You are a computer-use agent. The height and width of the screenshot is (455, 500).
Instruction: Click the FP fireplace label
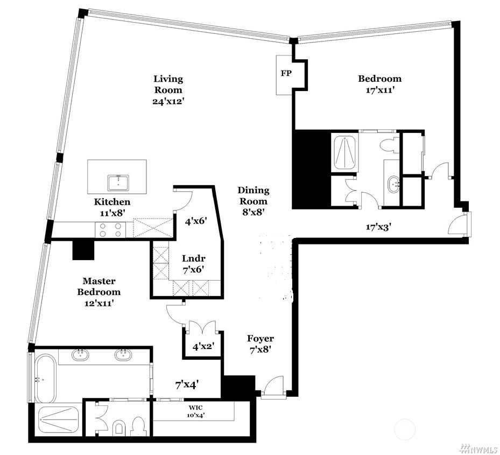coord(285,73)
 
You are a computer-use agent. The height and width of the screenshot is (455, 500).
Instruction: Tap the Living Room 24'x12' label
coord(168,90)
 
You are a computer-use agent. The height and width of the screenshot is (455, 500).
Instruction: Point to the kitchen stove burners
coord(110,230)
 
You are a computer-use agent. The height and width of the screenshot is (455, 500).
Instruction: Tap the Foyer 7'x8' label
coord(260,344)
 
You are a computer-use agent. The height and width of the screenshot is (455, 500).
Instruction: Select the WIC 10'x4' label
coord(192,411)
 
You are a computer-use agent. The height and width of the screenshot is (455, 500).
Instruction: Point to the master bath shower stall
coord(58,420)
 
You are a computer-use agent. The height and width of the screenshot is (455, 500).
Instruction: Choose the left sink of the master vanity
coord(81,355)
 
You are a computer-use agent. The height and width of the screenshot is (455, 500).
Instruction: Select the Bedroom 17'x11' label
coord(379,83)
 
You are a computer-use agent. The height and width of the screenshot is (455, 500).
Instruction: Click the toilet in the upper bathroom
coord(388,144)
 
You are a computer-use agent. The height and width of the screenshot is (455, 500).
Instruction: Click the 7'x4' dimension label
coord(187,384)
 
